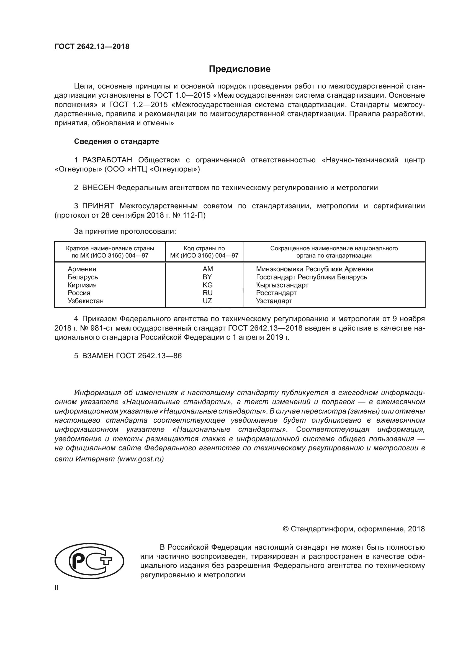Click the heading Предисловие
(x=240, y=69)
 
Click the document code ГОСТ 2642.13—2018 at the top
(x=92, y=46)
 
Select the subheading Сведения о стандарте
(x=117, y=141)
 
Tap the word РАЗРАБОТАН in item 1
(x=107, y=160)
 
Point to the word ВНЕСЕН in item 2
(x=98, y=188)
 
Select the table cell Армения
(x=82, y=269)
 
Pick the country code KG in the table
(x=207, y=285)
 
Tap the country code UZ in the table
(x=207, y=301)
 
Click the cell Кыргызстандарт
(x=282, y=285)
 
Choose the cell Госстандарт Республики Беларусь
(x=311, y=277)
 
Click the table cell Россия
(x=79, y=293)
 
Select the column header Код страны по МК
(x=204, y=252)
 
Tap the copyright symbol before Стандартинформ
(x=285, y=529)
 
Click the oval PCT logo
(x=89, y=561)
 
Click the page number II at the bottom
(x=56, y=588)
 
